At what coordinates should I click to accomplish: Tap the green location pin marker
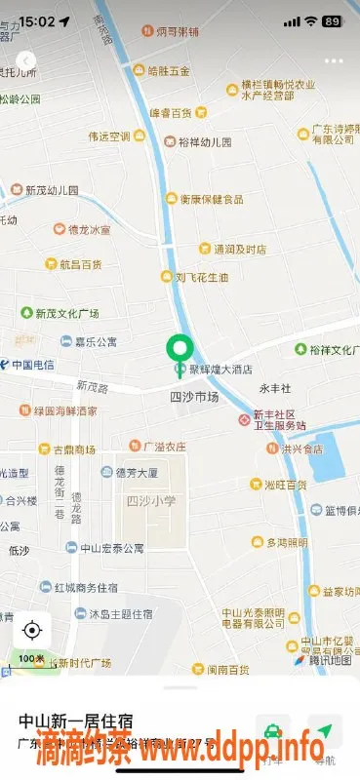point(180,349)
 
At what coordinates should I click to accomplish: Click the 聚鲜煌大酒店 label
point(220,370)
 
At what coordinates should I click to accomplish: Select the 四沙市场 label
point(194,397)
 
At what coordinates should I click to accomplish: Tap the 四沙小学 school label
point(151,501)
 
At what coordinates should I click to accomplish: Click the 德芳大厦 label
point(137,472)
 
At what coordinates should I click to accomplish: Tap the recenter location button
point(31,630)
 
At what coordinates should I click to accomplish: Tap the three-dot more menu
point(334,60)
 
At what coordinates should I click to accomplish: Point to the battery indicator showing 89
point(333,20)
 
